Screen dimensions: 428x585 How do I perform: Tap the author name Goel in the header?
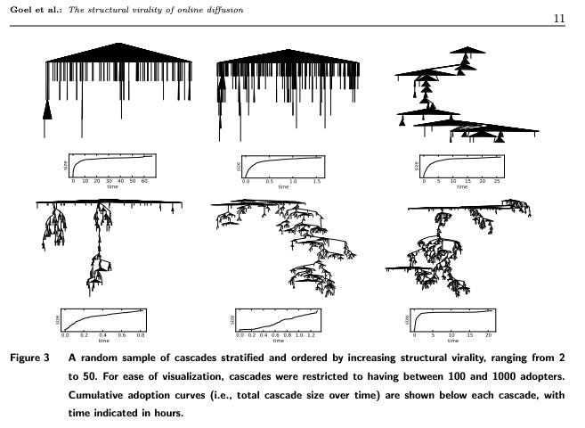(20, 9)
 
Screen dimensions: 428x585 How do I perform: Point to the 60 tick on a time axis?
(144, 182)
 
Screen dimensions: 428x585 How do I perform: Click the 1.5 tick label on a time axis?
(317, 182)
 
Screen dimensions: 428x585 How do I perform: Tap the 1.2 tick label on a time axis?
(309, 334)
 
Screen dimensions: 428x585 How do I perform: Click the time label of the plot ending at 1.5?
(283, 187)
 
